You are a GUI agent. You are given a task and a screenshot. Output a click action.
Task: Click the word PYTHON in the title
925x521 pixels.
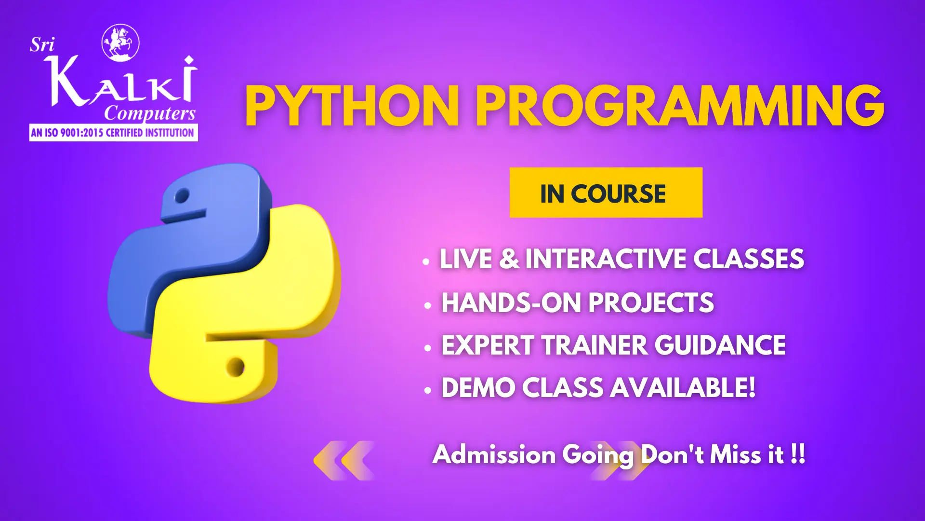pyautogui.click(x=352, y=106)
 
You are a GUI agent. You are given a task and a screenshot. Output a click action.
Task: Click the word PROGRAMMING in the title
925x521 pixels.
pyautogui.click(x=680, y=106)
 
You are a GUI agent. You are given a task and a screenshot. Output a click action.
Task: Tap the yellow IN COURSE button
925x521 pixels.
pyautogui.click(x=606, y=192)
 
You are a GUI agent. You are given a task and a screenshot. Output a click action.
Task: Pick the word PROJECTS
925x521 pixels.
pyautogui.click(x=651, y=303)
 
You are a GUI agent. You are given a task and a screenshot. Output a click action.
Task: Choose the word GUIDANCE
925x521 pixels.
pyautogui.click(x=720, y=345)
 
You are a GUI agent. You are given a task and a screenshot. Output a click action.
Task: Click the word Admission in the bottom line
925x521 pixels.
pyautogui.click(x=494, y=454)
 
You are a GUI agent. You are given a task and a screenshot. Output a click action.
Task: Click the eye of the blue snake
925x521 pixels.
pyautogui.click(x=182, y=196)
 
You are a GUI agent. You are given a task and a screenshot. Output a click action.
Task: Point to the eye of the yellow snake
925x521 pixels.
pyautogui.click(x=236, y=367)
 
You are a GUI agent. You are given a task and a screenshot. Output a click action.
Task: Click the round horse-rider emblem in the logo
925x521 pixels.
pyautogui.click(x=120, y=43)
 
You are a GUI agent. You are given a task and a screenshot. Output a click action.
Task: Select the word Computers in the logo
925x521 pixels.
pyautogui.click(x=150, y=114)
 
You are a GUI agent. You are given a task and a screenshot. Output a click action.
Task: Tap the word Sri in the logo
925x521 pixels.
pyautogui.click(x=42, y=45)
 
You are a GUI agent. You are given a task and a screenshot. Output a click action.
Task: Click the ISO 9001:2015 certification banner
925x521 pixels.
pyautogui.click(x=113, y=133)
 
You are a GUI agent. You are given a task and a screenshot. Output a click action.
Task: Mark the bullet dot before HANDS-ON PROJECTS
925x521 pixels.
pyautogui.click(x=428, y=306)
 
